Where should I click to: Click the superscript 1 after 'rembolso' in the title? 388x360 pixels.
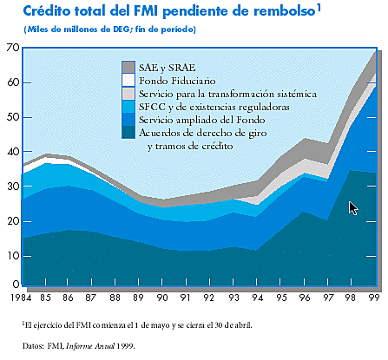pos(319,8)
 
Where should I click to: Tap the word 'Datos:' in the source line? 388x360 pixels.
pos(34,344)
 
